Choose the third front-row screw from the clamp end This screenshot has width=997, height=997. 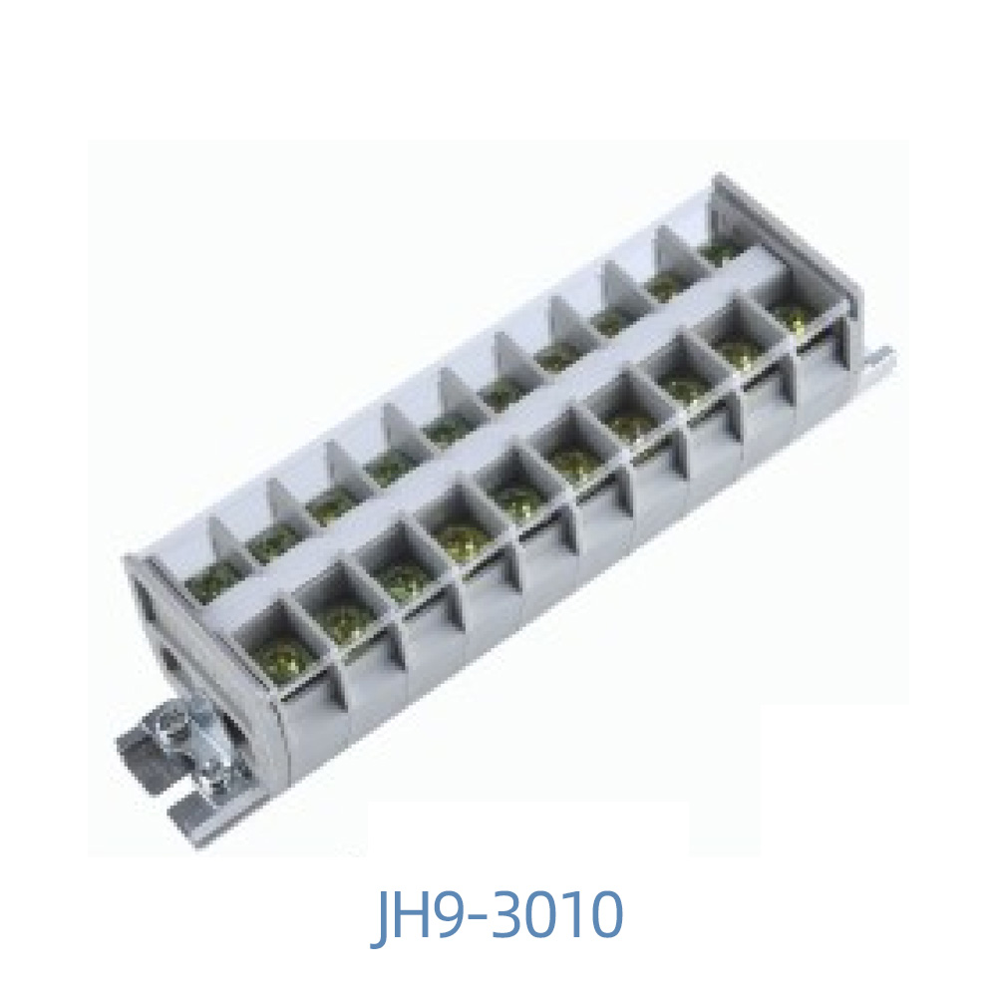(401, 576)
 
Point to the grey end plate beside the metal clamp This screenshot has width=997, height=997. (145, 638)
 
